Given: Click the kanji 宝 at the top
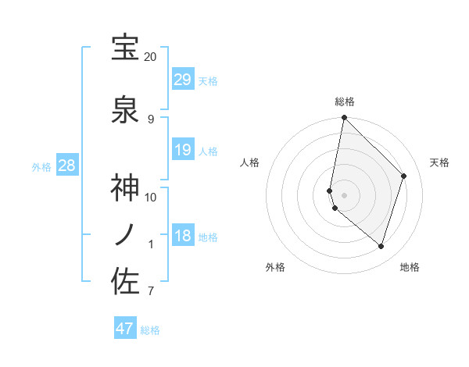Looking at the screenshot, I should click(126, 48).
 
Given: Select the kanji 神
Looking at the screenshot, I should click(126, 188).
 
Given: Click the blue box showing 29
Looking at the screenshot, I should click(183, 80).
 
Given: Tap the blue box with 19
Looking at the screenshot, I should click(183, 150).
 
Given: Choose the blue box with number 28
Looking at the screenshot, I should click(67, 166).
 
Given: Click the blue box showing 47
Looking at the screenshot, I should click(125, 329).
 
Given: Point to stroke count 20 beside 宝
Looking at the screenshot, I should click(150, 57).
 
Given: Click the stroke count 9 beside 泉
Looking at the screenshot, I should click(150, 119).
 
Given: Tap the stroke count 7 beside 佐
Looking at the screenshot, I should click(150, 291).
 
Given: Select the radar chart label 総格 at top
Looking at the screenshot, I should click(345, 102).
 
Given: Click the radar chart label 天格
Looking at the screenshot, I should click(439, 162).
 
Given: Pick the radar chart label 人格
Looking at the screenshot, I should click(250, 162).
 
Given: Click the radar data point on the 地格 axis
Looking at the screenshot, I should click(381, 246).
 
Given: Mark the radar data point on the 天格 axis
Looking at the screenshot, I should click(404, 176).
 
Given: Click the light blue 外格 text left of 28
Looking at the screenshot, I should click(41, 167).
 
